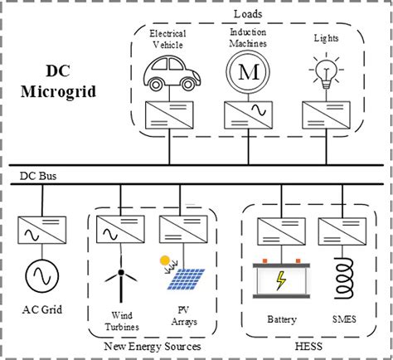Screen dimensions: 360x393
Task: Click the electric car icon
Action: [167, 72]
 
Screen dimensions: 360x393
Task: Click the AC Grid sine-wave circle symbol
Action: [41, 276]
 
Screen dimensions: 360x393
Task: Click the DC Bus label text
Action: [41, 178]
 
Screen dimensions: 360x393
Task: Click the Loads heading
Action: [247, 15]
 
